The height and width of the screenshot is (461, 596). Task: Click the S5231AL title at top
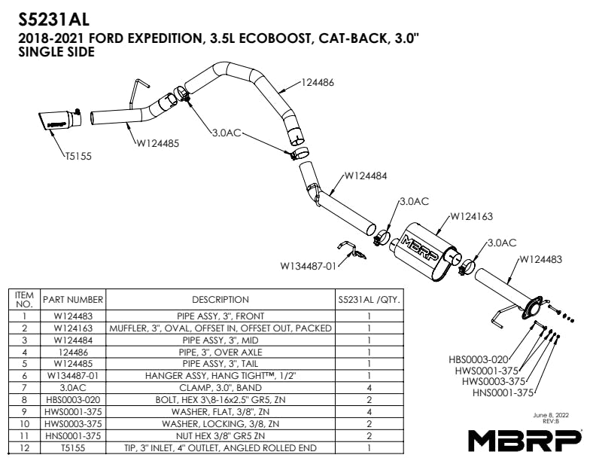point(48,14)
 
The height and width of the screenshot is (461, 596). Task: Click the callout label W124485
point(157,142)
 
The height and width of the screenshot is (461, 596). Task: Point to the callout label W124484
point(366,176)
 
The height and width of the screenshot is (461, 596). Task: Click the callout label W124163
point(471,217)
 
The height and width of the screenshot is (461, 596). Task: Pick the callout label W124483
point(540,259)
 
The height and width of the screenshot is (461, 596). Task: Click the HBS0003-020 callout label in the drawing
point(479,359)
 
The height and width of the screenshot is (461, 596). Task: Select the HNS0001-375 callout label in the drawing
point(503,392)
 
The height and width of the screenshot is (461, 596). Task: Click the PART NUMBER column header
point(73,299)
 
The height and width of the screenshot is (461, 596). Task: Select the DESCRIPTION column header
point(220,299)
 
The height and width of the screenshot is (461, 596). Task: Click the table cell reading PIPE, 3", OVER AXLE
point(220,351)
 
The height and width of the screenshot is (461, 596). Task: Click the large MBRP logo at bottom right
point(525,440)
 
